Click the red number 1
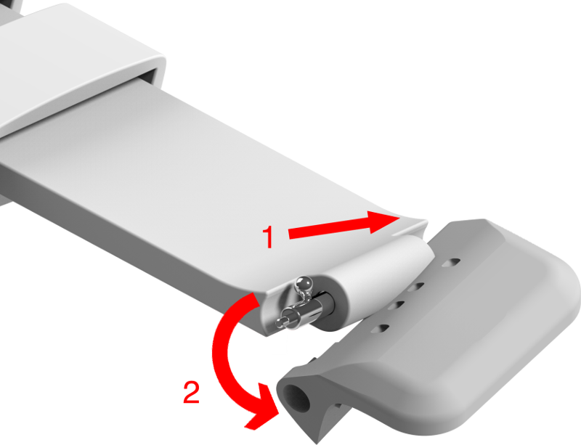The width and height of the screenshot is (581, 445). point(268,237)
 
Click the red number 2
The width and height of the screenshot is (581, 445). point(190,393)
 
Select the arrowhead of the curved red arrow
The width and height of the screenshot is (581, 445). point(262,416)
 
